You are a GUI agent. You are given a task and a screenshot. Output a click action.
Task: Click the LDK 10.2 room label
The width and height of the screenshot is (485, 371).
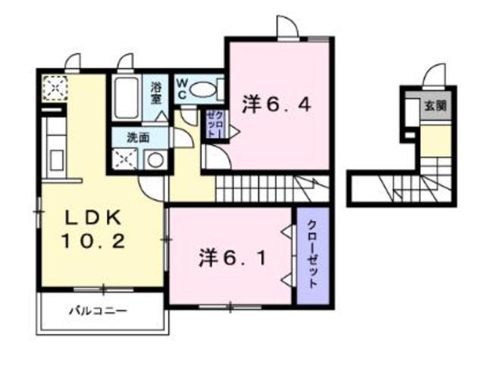[x=91, y=230]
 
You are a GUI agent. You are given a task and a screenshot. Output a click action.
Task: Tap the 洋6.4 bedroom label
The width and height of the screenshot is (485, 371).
[x=277, y=105]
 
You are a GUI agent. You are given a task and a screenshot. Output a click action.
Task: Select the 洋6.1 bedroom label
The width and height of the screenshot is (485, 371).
[x=232, y=258]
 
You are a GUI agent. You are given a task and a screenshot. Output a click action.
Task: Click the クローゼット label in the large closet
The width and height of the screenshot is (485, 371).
[x=312, y=254]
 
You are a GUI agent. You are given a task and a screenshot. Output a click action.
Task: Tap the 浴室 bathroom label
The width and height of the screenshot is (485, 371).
[x=157, y=92]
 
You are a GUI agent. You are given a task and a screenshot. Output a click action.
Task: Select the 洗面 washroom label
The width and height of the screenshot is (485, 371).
[x=136, y=138]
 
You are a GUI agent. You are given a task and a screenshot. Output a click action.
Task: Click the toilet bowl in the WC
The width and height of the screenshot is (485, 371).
[x=202, y=89]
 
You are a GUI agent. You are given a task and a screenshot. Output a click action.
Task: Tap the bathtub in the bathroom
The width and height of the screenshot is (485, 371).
[x=126, y=98]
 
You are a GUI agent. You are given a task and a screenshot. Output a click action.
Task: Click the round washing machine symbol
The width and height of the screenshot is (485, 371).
[x=155, y=160]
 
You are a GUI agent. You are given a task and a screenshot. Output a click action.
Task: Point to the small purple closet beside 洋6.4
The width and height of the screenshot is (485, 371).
[x=214, y=123]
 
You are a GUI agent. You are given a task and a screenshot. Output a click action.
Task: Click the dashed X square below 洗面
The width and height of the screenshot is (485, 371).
[x=123, y=160]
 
